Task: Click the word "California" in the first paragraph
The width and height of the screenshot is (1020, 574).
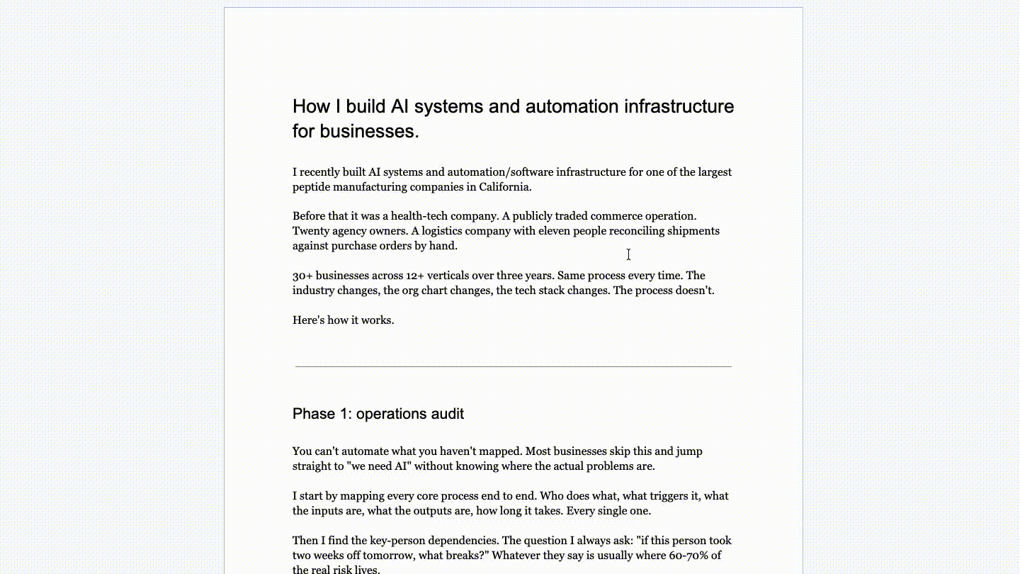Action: [504, 187]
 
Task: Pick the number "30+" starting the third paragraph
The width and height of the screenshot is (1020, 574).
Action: [302, 276]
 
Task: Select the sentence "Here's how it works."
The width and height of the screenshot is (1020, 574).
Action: [343, 320]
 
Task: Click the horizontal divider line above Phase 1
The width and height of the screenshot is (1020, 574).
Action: [513, 366]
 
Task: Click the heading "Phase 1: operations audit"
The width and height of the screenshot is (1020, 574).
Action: [378, 414]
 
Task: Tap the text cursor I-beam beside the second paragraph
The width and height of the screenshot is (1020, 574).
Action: [628, 254]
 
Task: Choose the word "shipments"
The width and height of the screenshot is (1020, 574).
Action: [693, 231]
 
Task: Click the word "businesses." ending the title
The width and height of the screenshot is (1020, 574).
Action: [369, 131]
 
